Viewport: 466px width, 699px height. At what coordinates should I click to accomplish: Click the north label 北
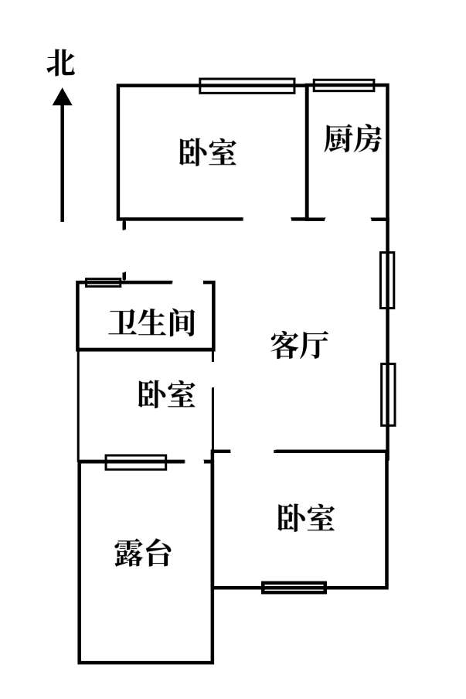60,63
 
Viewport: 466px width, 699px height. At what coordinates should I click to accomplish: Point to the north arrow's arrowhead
62,97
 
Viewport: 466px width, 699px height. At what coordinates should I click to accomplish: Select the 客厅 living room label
300,345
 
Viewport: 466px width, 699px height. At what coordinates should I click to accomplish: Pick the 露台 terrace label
143,554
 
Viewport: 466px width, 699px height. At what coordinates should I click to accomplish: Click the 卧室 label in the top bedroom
207,152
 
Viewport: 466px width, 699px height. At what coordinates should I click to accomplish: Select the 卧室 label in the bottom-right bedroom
306,517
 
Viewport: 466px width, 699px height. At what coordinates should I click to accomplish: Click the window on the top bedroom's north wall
247,85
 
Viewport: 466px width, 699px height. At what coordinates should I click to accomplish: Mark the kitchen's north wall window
344,85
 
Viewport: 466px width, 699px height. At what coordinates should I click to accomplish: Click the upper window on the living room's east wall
387,280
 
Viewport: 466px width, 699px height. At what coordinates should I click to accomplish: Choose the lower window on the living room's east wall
387,394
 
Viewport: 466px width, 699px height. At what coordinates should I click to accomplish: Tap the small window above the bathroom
103,282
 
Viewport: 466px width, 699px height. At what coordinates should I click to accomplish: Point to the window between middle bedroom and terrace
136,462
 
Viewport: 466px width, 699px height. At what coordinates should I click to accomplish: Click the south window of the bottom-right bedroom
294,587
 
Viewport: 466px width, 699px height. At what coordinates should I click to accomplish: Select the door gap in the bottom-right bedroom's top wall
252,451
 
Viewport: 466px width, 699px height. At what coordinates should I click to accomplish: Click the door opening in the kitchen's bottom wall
348,220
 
